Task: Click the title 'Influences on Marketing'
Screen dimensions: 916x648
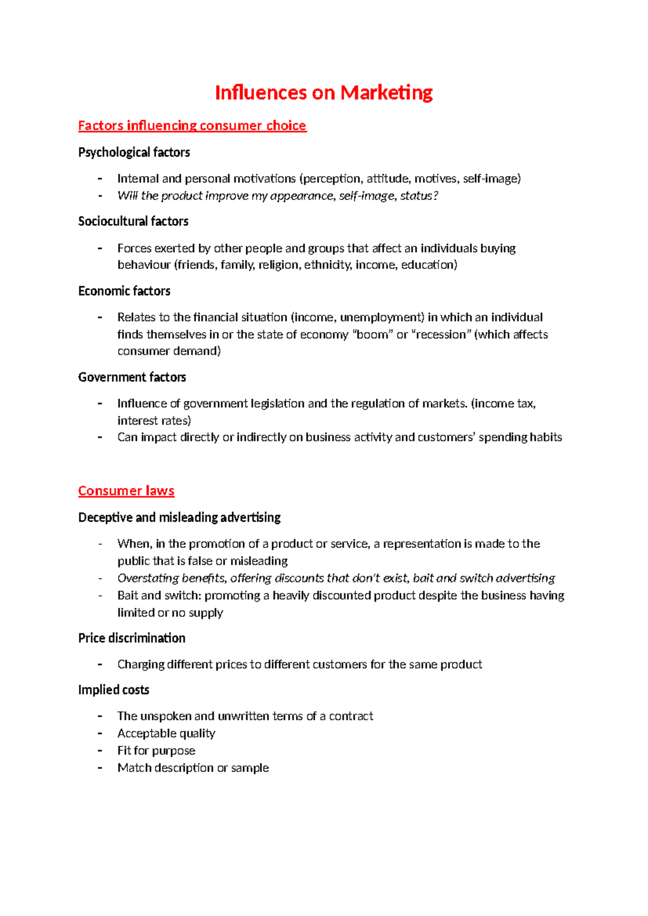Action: (323, 93)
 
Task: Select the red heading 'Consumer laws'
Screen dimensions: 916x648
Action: (126, 491)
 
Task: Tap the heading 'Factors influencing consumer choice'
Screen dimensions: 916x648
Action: (192, 126)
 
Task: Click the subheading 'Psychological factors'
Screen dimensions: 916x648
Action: (134, 152)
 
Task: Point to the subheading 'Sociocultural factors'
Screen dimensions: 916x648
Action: (133, 221)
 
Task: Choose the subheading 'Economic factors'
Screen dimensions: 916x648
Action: (124, 291)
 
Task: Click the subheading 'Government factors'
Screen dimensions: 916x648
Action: (132, 377)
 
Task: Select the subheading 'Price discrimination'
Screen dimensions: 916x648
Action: (132, 638)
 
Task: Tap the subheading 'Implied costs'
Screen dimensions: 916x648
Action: (113, 690)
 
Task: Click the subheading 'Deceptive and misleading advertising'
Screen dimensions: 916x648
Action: (179, 517)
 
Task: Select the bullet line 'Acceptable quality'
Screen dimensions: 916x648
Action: (166, 733)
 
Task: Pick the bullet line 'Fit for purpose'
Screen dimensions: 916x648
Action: (156, 751)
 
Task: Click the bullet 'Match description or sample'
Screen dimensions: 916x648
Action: (193, 768)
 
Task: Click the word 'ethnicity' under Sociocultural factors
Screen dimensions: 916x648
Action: (326, 265)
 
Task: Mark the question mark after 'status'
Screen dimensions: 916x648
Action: (436, 196)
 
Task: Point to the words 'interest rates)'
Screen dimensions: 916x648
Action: (154, 421)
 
